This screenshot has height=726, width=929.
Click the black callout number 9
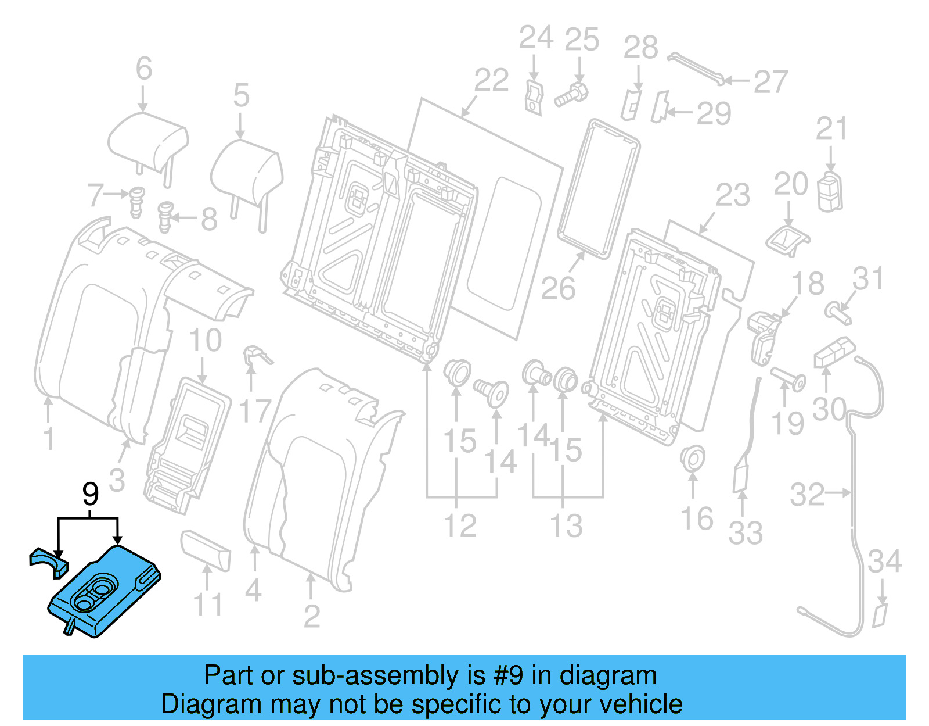(91, 495)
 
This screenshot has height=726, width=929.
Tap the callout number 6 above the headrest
(144, 69)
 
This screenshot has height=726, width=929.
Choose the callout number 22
(491, 80)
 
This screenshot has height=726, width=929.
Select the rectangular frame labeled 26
(598, 189)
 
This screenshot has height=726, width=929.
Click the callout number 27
(770, 82)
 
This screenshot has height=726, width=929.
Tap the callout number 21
(831, 129)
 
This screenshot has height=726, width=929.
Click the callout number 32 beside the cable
(807, 495)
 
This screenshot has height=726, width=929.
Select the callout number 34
(884, 562)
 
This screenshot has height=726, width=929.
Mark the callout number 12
(460, 525)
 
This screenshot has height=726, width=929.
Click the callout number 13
(566, 525)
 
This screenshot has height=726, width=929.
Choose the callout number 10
(205, 341)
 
